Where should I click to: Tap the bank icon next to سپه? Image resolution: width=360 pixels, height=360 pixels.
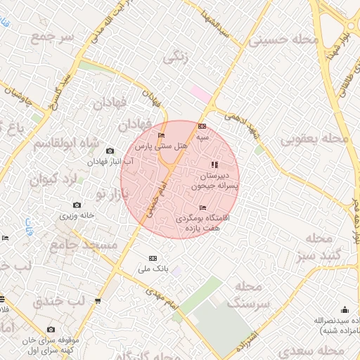coord(202,127)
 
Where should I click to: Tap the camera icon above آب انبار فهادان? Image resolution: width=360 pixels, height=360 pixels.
coord(109,151)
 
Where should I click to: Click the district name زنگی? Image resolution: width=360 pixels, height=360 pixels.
coord(176,59)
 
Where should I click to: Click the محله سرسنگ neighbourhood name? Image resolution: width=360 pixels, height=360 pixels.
coord(245,294)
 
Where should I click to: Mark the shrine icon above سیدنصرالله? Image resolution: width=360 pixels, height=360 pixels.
coord(345,309)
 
